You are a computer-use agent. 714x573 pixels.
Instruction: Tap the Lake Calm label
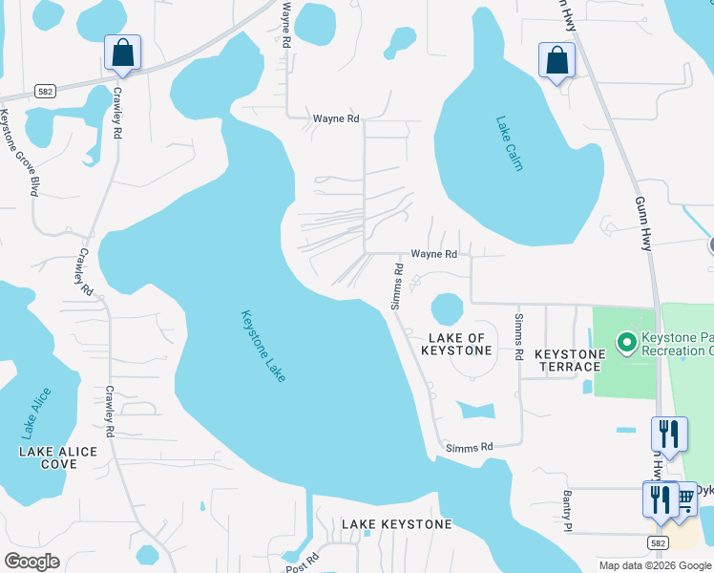click(x=510, y=143)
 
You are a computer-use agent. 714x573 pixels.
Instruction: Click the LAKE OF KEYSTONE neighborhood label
click(x=457, y=345)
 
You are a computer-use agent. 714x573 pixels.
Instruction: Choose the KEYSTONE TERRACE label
click(x=570, y=360)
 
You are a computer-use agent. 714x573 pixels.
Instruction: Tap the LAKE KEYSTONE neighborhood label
click(x=397, y=524)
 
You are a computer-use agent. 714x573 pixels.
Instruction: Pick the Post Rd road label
click(x=300, y=561)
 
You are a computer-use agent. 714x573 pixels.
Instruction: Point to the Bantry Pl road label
click(x=566, y=511)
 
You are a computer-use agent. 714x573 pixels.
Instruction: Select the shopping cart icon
click(x=683, y=499)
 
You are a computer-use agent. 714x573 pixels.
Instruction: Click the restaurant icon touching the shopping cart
click(x=660, y=499)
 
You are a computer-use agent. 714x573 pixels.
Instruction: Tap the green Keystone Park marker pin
click(x=626, y=341)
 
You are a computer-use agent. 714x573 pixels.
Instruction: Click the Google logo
click(x=31, y=562)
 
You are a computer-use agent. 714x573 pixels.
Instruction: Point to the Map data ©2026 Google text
click(x=654, y=565)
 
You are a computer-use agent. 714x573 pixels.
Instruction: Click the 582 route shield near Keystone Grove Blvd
click(x=43, y=91)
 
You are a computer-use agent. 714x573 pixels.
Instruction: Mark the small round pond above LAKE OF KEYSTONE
click(x=446, y=308)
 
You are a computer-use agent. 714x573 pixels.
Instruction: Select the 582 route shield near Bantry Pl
click(x=656, y=542)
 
